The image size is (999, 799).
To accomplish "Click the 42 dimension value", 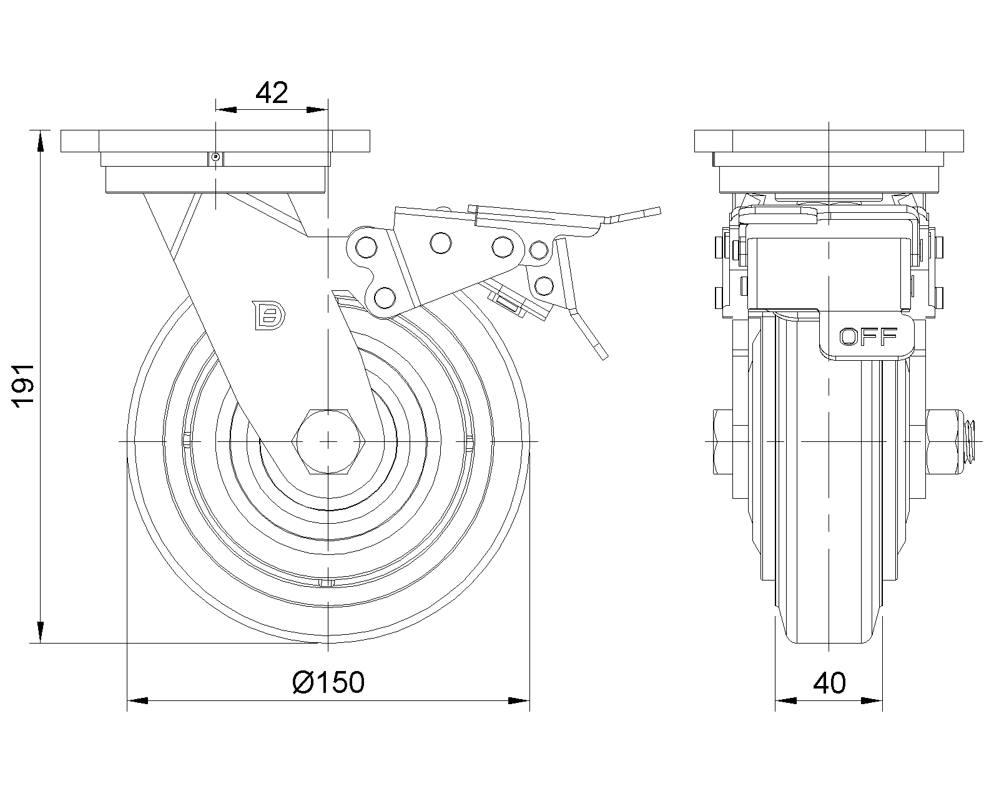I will coord(272,93).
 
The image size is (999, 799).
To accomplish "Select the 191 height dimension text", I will coord(25,386).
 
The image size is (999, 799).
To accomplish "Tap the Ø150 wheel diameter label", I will coord(328,682).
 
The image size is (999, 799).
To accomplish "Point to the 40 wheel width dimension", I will coord(829,683).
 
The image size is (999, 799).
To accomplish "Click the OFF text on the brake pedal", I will coord(868,336).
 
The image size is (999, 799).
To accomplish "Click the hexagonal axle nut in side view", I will coord(328,442).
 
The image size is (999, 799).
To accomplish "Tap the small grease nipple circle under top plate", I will coord(215,157).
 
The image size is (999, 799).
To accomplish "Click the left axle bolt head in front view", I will coord(722,441).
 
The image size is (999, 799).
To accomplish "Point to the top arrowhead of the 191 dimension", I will coord(41,139).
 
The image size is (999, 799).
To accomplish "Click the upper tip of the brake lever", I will coord(652,210).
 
